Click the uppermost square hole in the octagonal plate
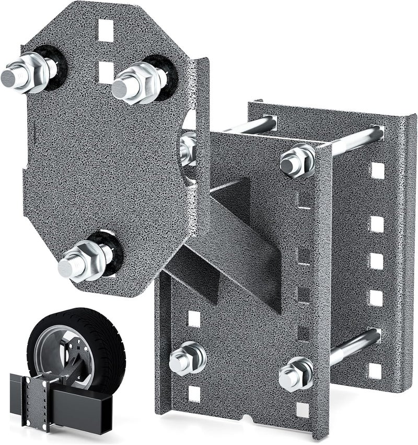click(106, 31)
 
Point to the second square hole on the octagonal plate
click(106, 72)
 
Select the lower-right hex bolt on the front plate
click(296, 374)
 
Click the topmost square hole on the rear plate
click(377, 170)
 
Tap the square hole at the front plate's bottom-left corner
click(194, 393)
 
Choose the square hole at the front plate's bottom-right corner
click(303, 409)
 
